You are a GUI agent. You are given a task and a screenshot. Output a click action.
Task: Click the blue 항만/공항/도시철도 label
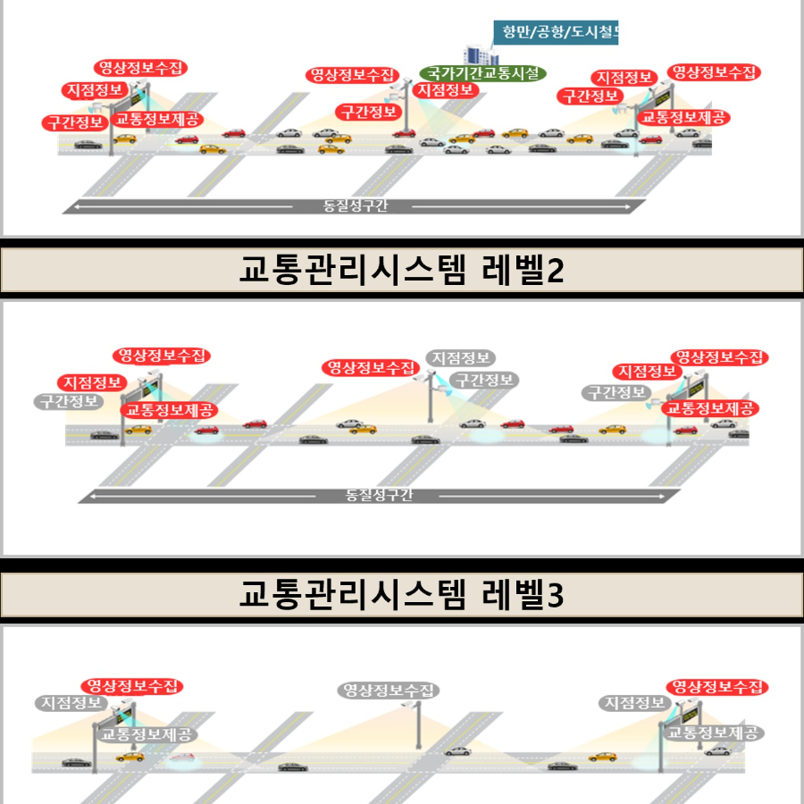556,32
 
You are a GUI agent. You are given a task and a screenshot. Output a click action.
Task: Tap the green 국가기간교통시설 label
482,73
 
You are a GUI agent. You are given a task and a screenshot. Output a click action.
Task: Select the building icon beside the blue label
477,54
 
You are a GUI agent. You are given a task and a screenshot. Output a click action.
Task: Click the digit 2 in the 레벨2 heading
556,270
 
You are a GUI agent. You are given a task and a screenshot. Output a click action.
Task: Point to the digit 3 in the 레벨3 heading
556,595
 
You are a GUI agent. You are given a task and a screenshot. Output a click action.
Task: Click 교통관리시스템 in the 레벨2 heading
353,269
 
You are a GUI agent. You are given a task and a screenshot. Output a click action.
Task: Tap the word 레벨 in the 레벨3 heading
513,594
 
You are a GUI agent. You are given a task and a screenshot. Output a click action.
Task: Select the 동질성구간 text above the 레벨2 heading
355,206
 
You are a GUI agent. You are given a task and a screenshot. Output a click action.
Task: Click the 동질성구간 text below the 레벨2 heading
379,495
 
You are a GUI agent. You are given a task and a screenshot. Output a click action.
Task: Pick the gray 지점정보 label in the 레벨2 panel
460,358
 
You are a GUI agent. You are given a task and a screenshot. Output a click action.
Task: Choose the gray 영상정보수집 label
389,691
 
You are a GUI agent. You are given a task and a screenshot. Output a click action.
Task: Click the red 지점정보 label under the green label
446,90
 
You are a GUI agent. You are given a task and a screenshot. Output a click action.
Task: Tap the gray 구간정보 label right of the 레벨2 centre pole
484,380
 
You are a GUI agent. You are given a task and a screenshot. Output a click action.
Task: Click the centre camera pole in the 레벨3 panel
417,725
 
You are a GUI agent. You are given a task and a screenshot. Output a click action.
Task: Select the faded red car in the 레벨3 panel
181,758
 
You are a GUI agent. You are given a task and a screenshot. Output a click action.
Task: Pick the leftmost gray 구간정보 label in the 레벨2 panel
69,401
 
